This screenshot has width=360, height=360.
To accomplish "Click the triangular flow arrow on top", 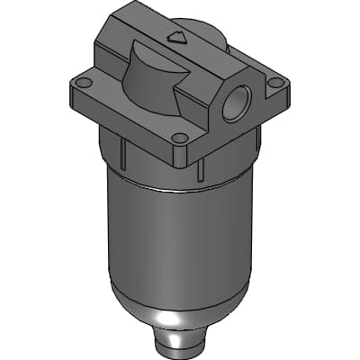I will pos(177,38).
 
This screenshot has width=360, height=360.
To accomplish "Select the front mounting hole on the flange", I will pos(180,138).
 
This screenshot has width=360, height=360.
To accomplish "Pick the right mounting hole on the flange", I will pos(275,82).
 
